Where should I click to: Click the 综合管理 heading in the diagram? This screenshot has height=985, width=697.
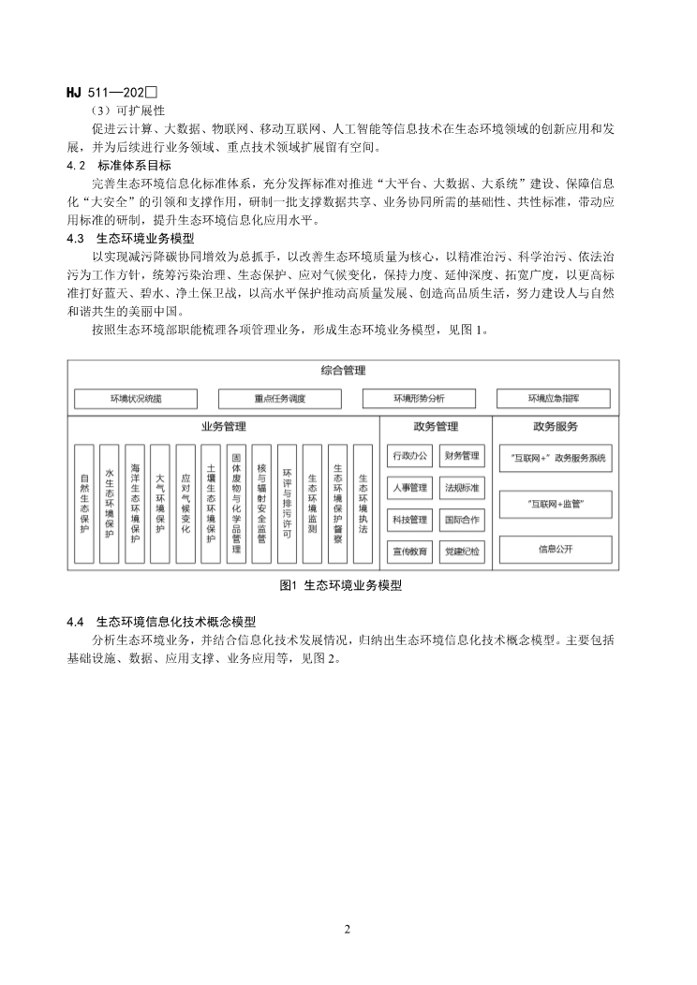point(342,371)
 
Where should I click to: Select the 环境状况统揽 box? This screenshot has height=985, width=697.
point(136,399)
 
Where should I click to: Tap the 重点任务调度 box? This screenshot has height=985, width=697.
point(280,399)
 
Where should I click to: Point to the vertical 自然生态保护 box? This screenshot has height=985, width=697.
point(84,504)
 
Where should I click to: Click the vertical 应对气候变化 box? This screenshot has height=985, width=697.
point(185,504)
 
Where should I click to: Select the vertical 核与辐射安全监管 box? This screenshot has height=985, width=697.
point(261,504)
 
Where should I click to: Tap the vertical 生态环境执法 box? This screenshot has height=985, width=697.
point(363,504)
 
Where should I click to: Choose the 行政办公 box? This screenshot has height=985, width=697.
point(410,456)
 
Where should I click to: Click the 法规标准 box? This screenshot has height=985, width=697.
point(462,488)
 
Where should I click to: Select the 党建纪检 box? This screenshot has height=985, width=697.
point(462,551)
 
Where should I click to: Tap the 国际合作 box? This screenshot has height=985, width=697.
point(462,520)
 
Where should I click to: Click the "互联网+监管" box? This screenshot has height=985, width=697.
point(555,504)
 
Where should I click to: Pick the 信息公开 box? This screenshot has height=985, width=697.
point(555,548)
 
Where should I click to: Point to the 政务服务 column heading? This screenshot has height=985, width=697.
point(555,427)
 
